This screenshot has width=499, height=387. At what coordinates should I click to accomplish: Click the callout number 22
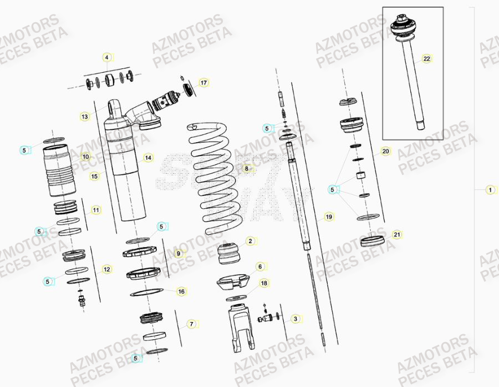click(426, 58)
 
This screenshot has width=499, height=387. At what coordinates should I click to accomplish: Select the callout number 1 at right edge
click(490, 190)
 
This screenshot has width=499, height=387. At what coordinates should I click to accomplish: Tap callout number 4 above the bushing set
click(107, 57)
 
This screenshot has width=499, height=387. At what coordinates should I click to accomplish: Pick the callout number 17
click(203, 83)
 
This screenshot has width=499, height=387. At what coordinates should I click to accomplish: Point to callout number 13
click(84, 117)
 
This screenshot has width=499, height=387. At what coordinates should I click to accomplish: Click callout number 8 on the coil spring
click(246, 168)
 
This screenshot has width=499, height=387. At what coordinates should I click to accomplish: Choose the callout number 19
click(329, 217)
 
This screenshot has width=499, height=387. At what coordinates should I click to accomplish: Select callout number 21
click(396, 235)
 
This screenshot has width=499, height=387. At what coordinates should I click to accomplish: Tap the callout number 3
click(296, 319)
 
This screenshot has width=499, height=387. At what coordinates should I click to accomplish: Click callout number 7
click(191, 324)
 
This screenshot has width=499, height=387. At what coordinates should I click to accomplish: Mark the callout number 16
click(181, 291)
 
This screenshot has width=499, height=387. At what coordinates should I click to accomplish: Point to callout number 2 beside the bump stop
click(250, 241)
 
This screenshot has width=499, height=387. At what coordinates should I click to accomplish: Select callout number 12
click(106, 269)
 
